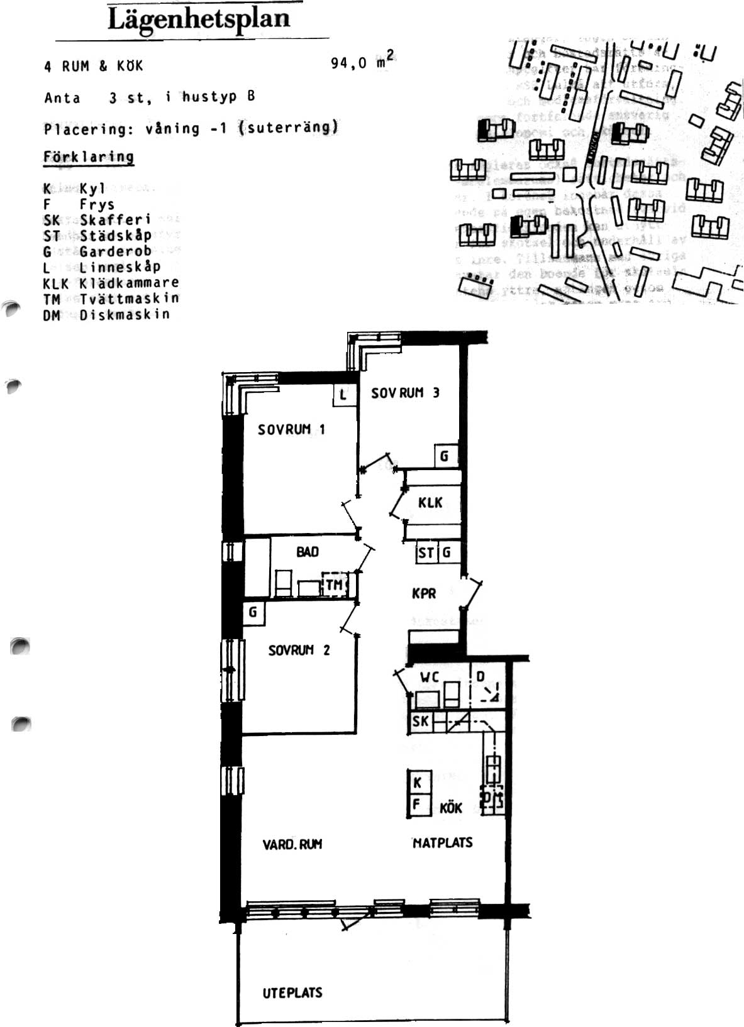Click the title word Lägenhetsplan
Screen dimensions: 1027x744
pos(199,19)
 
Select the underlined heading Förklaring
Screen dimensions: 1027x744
pos(89,157)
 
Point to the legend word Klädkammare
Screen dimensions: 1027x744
pos(129,283)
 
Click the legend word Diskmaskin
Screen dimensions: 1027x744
pos(125,314)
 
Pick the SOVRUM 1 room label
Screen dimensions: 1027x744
pos(291,430)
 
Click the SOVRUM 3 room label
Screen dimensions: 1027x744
pos(405,393)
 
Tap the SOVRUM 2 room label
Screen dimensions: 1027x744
pos(299,650)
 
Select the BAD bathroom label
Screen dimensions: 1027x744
pos(308,552)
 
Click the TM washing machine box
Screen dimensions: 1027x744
pos(334,585)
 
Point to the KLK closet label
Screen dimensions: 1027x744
pos(430,503)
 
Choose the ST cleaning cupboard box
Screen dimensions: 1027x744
pos(426,553)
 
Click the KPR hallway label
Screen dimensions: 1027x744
pos(424,593)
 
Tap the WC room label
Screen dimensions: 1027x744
pos(430,678)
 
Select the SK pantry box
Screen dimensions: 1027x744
pos(420,722)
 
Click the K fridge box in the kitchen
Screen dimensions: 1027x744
pos(418,783)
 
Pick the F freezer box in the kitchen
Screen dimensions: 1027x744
pos(418,805)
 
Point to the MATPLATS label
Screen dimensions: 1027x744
pos(442,843)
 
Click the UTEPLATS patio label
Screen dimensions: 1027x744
pos(292,993)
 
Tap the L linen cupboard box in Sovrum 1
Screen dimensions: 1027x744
pos(343,395)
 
